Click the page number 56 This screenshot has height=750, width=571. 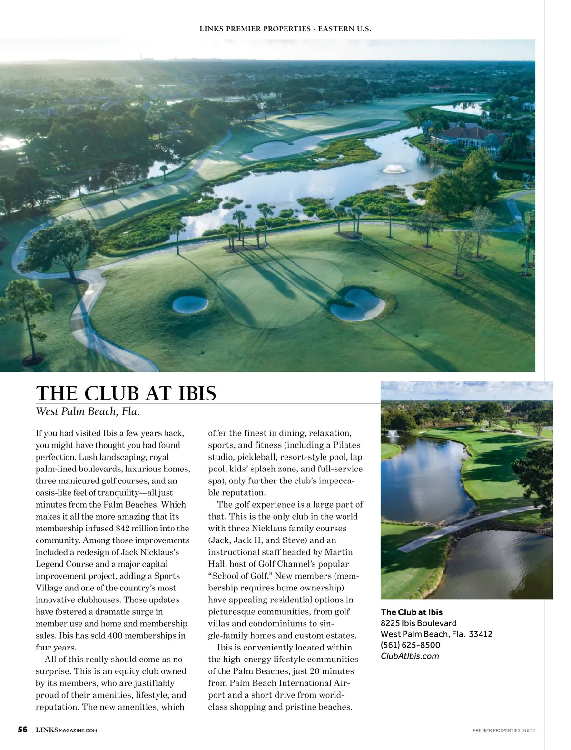[22, 730]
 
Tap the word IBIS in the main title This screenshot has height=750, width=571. [197, 393]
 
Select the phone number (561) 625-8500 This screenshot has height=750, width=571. [410, 645]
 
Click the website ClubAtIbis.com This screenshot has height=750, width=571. [410, 656]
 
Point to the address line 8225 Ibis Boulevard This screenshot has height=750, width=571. [418, 623]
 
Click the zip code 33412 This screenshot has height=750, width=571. [481, 634]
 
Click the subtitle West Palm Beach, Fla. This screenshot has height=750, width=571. [88, 411]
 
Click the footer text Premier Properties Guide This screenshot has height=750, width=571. [503, 730]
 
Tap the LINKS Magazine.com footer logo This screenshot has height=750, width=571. [66, 730]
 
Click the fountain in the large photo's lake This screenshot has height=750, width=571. [394, 169]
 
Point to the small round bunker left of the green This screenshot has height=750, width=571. [190, 304]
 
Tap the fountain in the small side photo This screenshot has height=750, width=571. [393, 434]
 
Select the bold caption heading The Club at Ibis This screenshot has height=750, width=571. [411, 612]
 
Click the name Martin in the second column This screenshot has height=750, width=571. [338, 552]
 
